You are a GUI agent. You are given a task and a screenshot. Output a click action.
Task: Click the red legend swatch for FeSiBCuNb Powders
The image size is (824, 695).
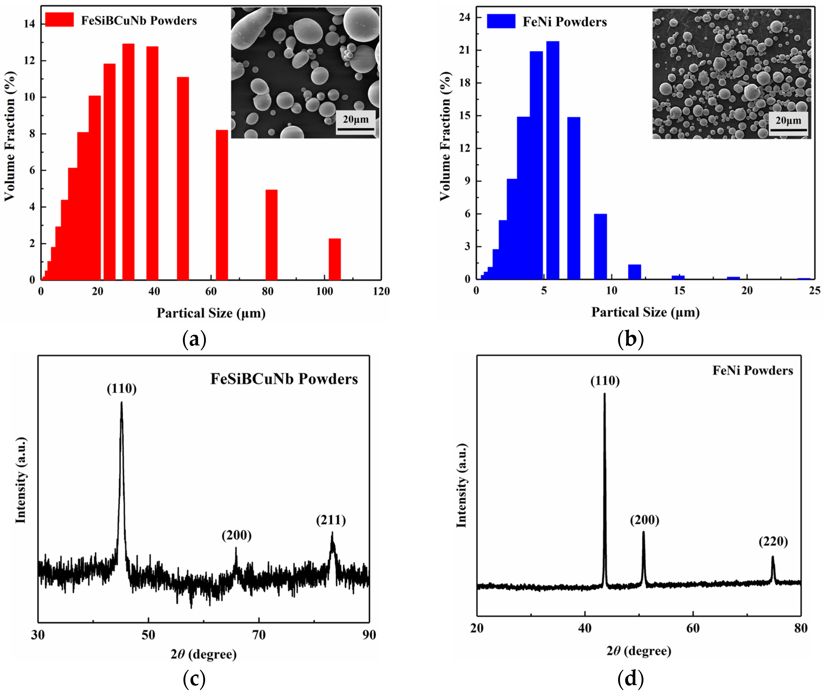pyautogui.click(x=59, y=20)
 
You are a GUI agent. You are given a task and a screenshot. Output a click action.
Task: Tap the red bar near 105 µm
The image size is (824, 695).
pyautogui.click(x=334, y=259)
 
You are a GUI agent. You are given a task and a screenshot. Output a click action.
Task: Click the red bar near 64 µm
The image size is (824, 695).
pyautogui.click(x=222, y=205)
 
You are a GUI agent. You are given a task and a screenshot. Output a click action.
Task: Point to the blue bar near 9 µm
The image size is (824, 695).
pyautogui.click(x=600, y=246)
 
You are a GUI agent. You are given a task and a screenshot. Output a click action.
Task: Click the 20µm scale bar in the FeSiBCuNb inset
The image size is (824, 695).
pyautogui.click(x=355, y=129)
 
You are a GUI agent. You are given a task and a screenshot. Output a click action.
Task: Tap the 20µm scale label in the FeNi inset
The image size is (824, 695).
pyautogui.click(x=788, y=120)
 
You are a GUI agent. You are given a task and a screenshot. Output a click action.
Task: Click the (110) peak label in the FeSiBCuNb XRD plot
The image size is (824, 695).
pyautogui.click(x=122, y=389)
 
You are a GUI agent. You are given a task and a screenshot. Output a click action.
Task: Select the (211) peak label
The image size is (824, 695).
pyautogui.click(x=331, y=520)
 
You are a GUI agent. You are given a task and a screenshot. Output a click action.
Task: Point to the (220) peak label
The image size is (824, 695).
pyautogui.click(x=773, y=541)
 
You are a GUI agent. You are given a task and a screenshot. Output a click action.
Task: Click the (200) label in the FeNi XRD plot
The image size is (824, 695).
pyautogui.click(x=644, y=520)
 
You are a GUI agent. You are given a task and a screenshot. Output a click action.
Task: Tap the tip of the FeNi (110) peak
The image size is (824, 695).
pyautogui.click(x=604, y=394)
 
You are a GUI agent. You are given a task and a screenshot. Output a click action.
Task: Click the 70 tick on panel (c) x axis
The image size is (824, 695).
pyautogui.click(x=259, y=635)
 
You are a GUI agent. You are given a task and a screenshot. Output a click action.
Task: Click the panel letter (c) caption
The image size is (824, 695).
pyautogui.click(x=194, y=679)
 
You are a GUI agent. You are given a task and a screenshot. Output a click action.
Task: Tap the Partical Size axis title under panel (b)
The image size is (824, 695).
pyautogui.click(x=645, y=312)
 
